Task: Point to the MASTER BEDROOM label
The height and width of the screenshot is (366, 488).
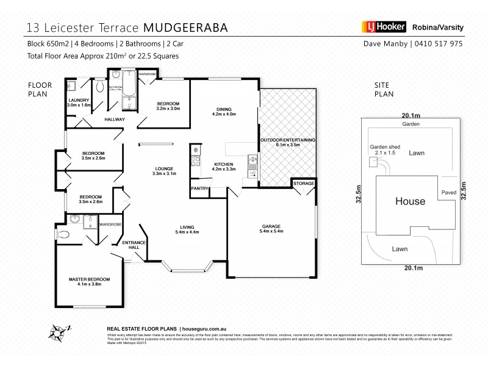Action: point(89,279)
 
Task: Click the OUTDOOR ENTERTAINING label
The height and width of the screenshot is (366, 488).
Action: point(288,140)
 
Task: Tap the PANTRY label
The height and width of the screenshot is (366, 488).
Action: point(200,188)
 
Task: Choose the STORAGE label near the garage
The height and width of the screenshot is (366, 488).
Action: point(303,183)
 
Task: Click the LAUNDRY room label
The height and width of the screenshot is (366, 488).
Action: point(79,100)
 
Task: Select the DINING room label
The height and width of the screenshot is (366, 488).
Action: point(223,109)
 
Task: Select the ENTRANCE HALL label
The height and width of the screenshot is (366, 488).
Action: point(134,245)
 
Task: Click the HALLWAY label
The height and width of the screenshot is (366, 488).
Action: point(114,119)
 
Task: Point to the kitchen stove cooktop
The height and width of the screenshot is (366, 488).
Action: point(196,162)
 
